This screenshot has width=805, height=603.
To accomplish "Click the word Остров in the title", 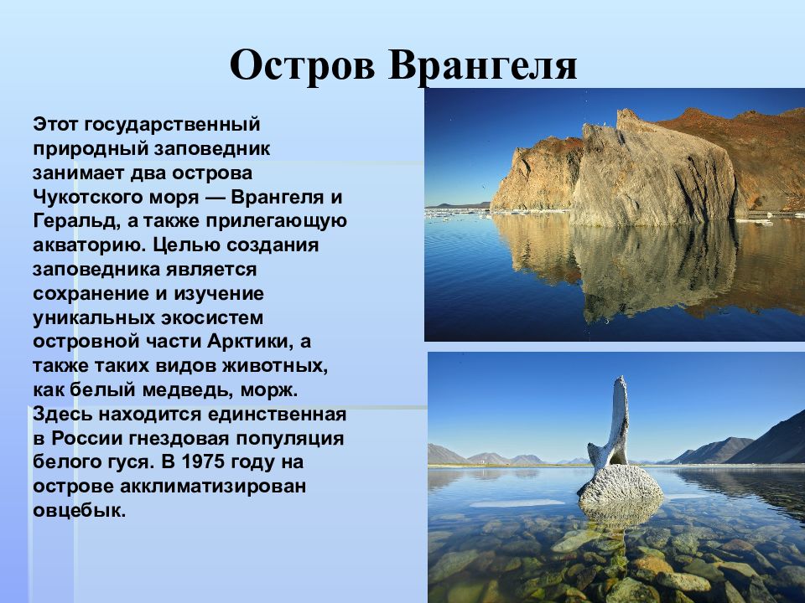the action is point(303,65).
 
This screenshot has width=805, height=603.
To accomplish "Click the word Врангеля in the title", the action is point(483,65).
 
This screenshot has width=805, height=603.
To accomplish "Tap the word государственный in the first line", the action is point(173,125).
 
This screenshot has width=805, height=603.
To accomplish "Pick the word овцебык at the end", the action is point(79,511).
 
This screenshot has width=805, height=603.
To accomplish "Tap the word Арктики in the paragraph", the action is point(251,342).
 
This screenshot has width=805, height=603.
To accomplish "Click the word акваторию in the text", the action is point(89,245).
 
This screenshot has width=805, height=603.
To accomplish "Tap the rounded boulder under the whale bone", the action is point(621,485).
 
